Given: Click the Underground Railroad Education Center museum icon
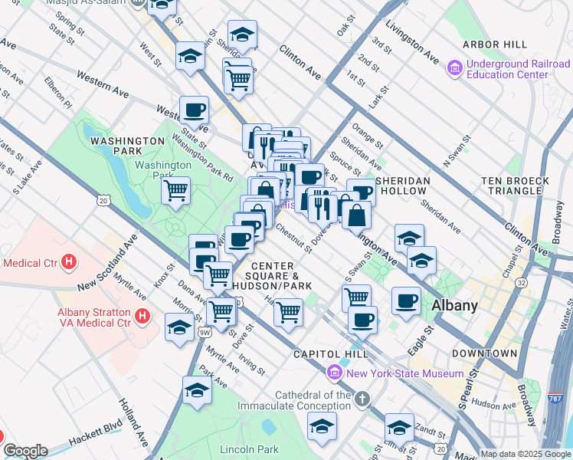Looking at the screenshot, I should click(455, 69).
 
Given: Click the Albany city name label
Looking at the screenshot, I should click(455, 305).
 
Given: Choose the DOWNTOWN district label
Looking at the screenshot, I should click(484, 353).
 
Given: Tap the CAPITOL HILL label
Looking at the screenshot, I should click(331, 353).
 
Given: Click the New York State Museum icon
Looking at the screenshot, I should click(334, 373).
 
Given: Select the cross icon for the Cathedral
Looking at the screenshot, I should click(362, 398).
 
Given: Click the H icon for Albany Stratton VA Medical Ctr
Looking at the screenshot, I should click(141, 315).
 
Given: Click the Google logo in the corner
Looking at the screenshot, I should click(25, 451).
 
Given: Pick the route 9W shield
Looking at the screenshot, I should click(205, 333).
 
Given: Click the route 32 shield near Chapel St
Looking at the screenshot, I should click(522, 282).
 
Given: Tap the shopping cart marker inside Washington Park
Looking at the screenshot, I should click(176, 189).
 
